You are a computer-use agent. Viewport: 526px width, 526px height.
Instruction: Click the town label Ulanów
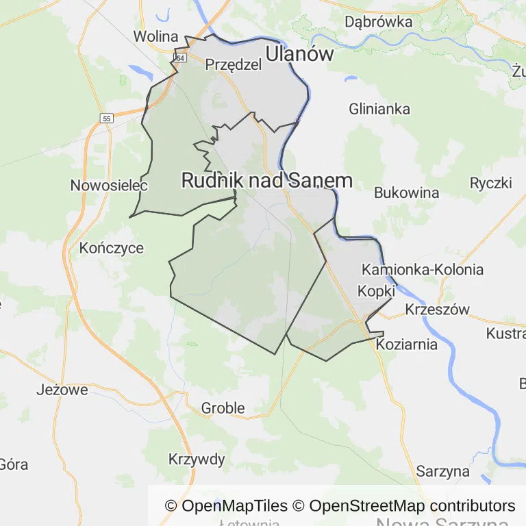[299, 54]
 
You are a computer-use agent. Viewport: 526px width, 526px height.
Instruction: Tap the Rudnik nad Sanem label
[266, 180]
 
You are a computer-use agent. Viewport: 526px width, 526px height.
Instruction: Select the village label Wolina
[155, 36]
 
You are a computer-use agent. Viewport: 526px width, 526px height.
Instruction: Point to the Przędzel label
[234, 64]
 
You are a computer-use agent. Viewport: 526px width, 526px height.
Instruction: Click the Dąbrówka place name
[379, 22]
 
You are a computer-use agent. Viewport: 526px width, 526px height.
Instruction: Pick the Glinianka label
[379, 109]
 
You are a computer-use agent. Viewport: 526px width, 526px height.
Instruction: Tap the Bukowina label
[406, 192]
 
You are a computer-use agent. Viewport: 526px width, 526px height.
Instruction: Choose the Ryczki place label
[491, 183]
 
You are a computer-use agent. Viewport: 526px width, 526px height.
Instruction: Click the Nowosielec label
[100, 186]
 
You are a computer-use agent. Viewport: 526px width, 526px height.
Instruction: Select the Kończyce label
[112, 248]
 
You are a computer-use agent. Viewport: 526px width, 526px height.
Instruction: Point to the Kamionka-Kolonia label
[423, 269]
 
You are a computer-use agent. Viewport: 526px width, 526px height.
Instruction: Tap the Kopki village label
[376, 290]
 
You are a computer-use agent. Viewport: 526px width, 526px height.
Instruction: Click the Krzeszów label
[438, 310]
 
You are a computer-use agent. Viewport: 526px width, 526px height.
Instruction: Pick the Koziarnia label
[407, 345]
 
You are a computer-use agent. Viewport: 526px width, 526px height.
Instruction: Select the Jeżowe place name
[62, 390]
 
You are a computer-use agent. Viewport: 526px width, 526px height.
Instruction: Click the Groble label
[223, 408]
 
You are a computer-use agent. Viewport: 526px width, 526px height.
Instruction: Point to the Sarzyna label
[443, 471]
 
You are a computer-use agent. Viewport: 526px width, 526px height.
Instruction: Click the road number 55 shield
[106, 118]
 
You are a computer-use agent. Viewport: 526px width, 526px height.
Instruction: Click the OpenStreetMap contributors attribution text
[412, 506]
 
